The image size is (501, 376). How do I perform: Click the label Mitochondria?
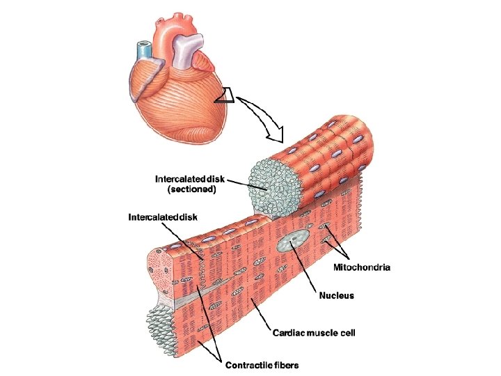coord(362,267)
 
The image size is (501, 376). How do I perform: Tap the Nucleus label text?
coord(336,296)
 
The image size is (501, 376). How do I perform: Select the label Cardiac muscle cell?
coord(313,333)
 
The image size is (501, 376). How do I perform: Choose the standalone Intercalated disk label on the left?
coord(162,217)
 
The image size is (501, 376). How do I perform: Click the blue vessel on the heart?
coord(144,50)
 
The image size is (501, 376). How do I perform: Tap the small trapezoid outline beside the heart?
coord(225,96)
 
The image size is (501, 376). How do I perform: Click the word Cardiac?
coord(289,333)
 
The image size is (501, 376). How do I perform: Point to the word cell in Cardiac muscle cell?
coord(348,333)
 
